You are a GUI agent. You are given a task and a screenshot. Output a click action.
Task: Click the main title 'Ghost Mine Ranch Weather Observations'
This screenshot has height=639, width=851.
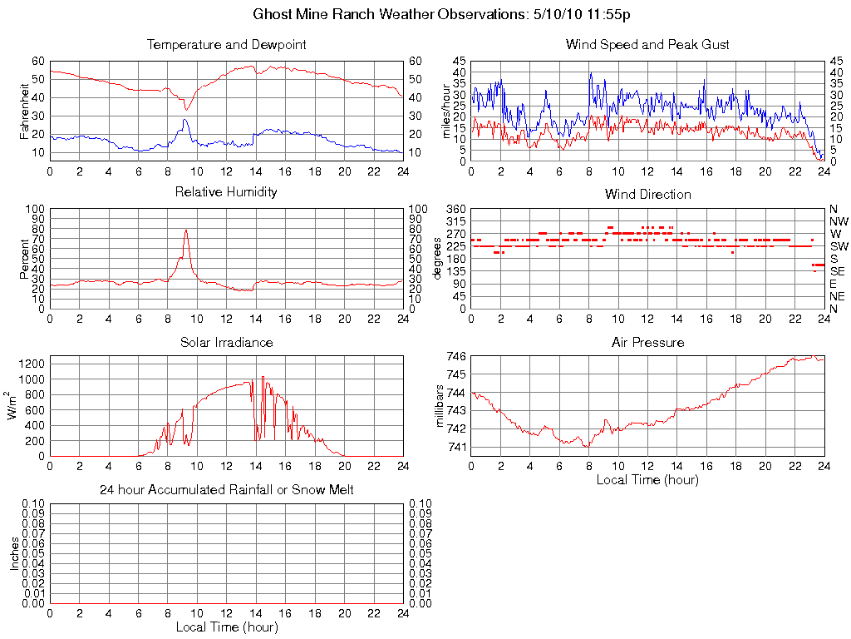click(x=425, y=14)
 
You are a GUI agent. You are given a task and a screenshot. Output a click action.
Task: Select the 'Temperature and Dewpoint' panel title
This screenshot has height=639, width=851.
click(x=226, y=44)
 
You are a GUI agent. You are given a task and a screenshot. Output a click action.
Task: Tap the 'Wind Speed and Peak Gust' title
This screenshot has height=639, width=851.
click(x=647, y=44)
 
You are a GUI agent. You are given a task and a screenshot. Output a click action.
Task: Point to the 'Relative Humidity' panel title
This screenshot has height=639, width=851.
click(x=226, y=192)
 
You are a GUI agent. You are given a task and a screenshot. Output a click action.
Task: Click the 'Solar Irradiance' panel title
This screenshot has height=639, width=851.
click(x=226, y=342)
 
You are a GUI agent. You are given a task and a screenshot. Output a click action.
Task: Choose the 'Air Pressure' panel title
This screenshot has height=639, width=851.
click(x=647, y=342)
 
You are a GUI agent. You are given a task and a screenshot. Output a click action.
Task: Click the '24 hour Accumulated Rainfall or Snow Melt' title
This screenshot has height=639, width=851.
click(x=226, y=490)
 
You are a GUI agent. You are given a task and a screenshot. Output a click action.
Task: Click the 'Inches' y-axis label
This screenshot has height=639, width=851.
click(x=14, y=552)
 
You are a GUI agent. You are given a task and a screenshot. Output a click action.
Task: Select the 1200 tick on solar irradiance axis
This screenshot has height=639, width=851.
click(x=32, y=364)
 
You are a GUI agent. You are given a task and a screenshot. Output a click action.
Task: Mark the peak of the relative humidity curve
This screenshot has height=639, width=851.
click(x=186, y=230)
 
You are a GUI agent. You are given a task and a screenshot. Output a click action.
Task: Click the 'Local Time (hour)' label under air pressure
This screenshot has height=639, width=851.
click(x=647, y=479)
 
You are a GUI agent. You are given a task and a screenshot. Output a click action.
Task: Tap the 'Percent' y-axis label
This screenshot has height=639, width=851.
click(x=25, y=259)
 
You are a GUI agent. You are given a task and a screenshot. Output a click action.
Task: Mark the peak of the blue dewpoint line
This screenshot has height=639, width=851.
click(x=185, y=120)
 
